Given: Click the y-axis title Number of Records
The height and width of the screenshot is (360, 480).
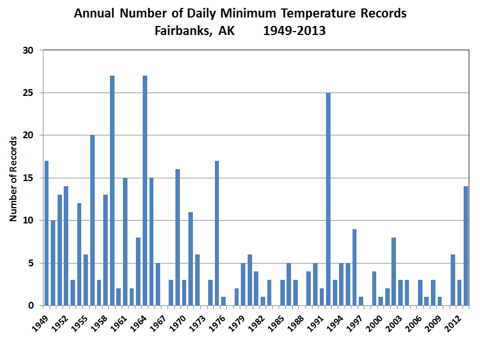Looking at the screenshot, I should (13, 178).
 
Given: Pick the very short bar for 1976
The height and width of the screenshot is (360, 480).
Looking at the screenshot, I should (223, 301).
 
